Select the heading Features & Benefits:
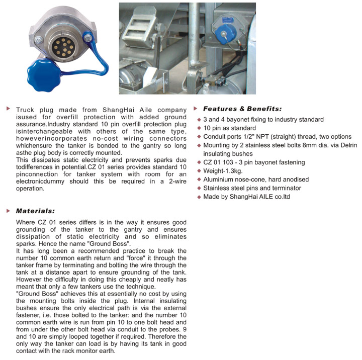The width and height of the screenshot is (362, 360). (x=242, y=109)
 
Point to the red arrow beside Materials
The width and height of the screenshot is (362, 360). (x=8, y=211)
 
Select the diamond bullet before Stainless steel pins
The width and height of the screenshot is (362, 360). (x=199, y=189)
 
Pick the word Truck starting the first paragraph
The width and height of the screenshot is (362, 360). (x=25, y=109)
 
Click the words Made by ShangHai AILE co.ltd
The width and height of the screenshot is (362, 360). (x=246, y=197)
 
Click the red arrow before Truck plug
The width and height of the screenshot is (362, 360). (x=8, y=109)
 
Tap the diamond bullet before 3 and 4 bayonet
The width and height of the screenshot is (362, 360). (x=199, y=120)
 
